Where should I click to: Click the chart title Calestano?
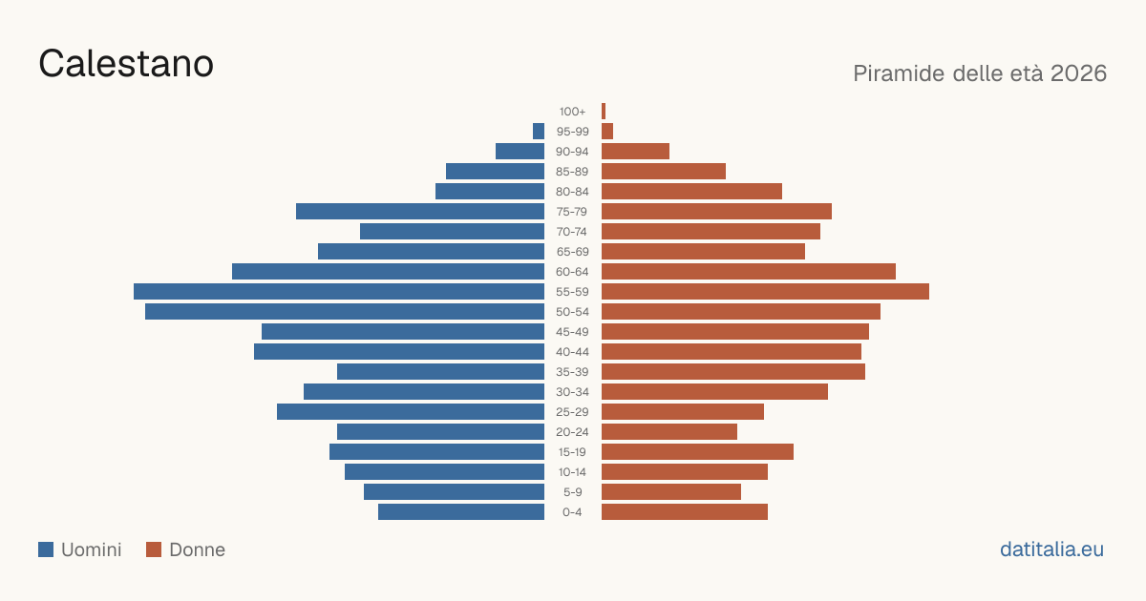coord(126,64)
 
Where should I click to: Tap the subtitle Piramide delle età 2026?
coord(980,73)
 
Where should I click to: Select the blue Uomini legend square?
coord(46,549)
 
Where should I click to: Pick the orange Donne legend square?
coord(154,549)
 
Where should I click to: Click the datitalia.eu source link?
coord(1051,549)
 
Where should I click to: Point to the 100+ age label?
coord(572,112)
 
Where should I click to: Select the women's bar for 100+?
coord(604,111)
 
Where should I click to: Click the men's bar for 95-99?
coord(539,131)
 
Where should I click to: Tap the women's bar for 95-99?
coord(607,131)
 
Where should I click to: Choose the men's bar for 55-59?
coord(339,291)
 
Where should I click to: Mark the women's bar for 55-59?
coord(765,291)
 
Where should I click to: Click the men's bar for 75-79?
coord(420,211)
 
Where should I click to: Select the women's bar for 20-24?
coord(669,432)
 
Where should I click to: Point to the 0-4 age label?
coord(572,512)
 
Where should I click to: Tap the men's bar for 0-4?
coord(461,511)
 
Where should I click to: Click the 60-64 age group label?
coord(572,271)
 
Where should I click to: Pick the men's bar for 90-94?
coord(520,152)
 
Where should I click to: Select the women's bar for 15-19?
coord(697,452)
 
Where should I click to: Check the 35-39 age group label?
coord(572,371)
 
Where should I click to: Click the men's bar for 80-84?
coord(490,191)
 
